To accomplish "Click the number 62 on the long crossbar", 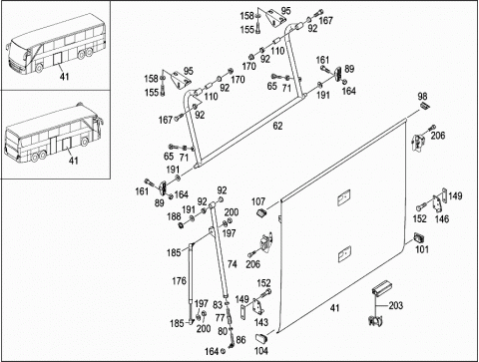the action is (x=277, y=126).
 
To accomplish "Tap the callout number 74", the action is (x=233, y=264).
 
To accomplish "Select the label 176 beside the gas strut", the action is (x=179, y=281).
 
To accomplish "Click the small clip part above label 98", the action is (x=424, y=106).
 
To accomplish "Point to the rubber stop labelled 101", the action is (x=419, y=238).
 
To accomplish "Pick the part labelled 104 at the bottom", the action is (x=261, y=339).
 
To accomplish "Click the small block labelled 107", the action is (x=262, y=212).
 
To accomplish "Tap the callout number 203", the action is (x=395, y=305).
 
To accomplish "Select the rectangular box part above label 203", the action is (x=381, y=287).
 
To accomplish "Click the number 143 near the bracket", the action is (x=261, y=322).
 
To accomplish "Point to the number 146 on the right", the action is (x=442, y=219).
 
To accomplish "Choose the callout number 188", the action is (x=174, y=216).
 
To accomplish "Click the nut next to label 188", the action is (x=182, y=225).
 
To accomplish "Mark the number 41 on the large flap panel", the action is (x=334, y=308).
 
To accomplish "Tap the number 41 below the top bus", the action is (x=64, y=77).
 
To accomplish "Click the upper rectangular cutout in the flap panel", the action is (x=344, y=197).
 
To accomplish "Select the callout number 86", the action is (x=240, y=340).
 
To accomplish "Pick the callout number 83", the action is (x=218, y=305).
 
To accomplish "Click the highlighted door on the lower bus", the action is (x=67, y=145).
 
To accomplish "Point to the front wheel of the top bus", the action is (x=39, y=68).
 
